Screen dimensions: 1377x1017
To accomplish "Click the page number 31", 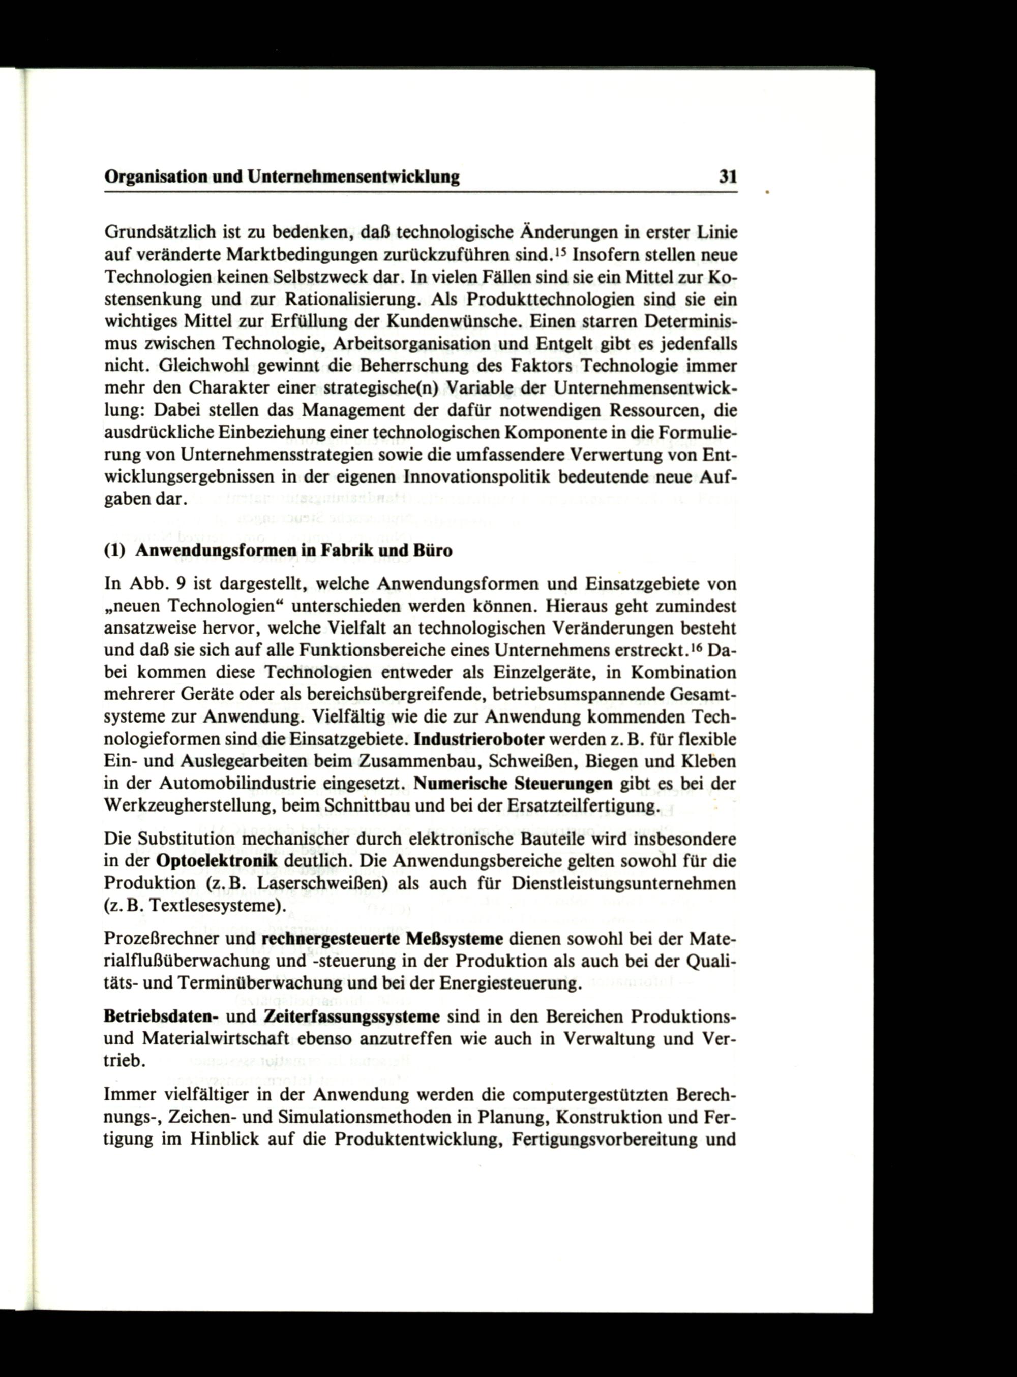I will point(728,177).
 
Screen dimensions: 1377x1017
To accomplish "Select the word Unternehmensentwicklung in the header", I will point(353,178).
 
